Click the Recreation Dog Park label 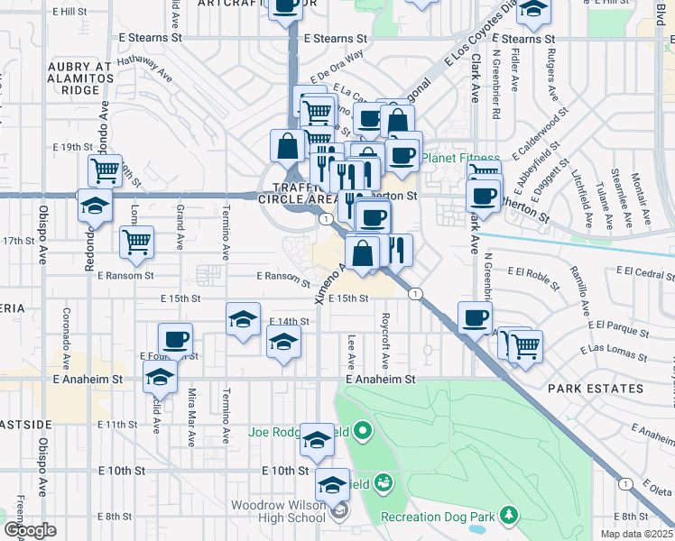click(x=438, y=517)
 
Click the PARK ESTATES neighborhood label click(x=596, y=389)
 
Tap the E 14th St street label click(x=290, y=321)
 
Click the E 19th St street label click(x=73, y=146)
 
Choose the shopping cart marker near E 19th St click(x=105, y=169)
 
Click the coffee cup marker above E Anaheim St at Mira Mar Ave click(x=176, y=339)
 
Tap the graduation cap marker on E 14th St click(x=242, y=320)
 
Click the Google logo click(x=30, y=530)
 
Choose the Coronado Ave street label click(x=66, y=332)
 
